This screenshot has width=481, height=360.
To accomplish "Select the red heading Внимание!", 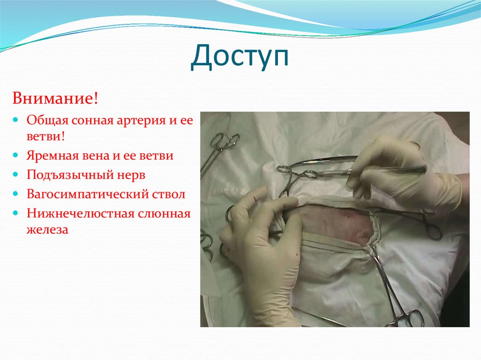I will point(55,99).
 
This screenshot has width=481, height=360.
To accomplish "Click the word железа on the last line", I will point(47,230).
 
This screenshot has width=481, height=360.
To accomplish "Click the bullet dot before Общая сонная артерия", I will point(16,120).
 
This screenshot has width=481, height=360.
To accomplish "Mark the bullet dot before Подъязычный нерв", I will point(16,175).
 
